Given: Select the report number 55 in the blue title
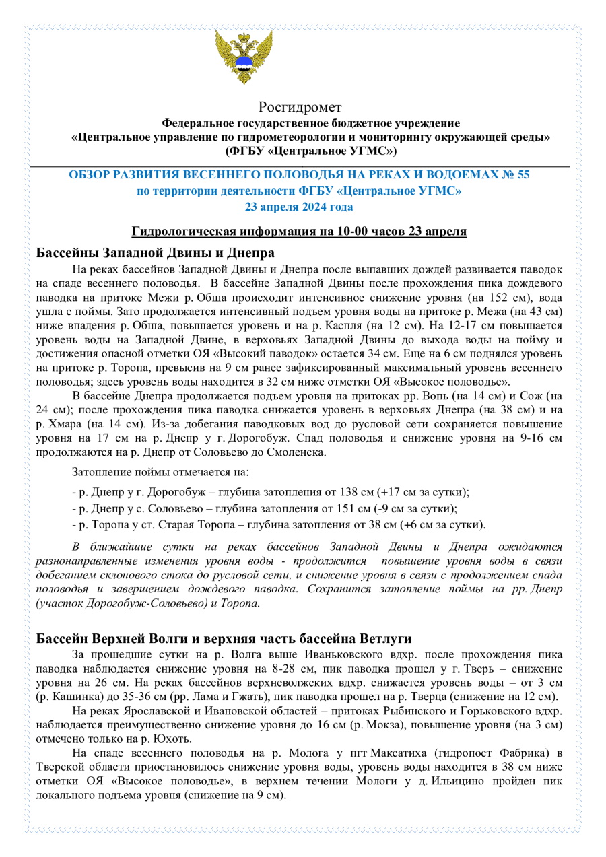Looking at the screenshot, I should [523, 175].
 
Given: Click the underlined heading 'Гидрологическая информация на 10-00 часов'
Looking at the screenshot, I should [299, 232].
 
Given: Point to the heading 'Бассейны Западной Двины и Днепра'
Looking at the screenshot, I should [155, 254].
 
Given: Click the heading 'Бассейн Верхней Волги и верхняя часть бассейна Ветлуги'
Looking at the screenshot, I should [224, 638].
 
